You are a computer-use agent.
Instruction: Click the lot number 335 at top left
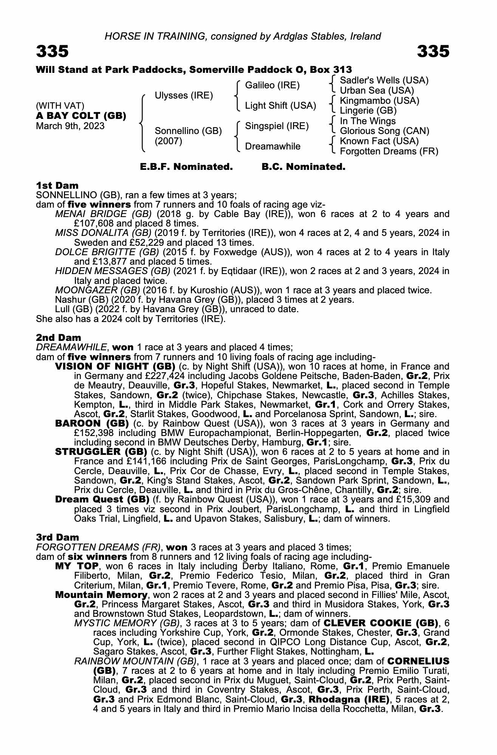point(53,51)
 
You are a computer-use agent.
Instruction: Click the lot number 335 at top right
point(433,51)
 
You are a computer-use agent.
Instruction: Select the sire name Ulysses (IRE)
point(184,96)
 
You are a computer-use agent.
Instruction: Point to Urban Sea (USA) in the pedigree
point(377,91)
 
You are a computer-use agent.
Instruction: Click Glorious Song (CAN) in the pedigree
point(384,131)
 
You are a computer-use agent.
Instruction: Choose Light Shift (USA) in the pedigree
point(280,106)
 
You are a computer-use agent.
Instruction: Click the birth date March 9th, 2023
point(70,126)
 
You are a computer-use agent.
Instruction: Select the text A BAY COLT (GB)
point(81,116)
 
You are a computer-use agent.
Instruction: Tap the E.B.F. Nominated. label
point(186,167)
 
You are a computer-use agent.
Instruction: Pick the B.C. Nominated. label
point(303,167)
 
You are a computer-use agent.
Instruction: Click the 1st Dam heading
point(57,185)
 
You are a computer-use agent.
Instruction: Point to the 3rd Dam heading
point(58,537)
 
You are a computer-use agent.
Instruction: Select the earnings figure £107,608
point(93,223)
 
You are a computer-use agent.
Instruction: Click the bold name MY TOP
point(77,566)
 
